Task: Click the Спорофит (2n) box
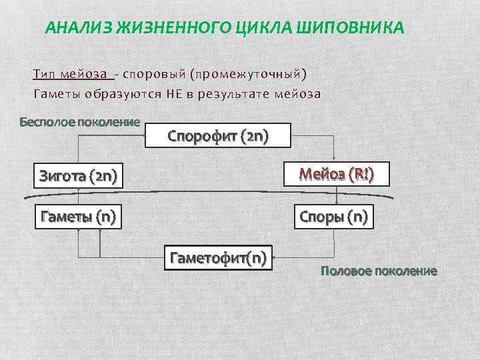218,137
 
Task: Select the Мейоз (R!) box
336,175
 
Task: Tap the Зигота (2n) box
79,176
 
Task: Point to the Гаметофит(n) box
219,257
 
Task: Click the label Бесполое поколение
79,122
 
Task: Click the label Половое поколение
379,271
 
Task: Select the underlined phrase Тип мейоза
71,73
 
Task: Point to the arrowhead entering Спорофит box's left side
142,137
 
